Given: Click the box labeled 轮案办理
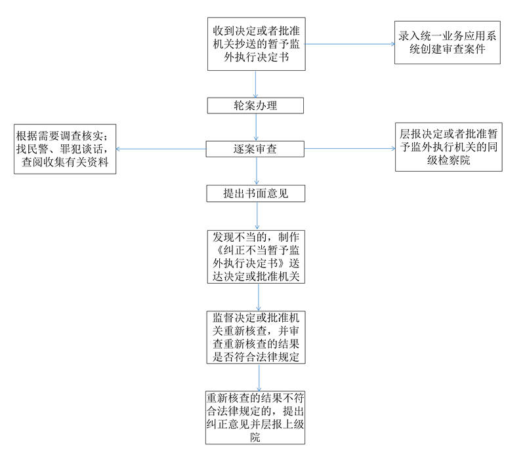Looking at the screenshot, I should [x=255, y=106].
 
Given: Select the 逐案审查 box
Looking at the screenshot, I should [x=255, y=149].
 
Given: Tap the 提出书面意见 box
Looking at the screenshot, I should [x=255, y=193].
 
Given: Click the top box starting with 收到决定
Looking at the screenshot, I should [x=255, y=44].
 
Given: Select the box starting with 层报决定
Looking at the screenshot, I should [x=448, y=147].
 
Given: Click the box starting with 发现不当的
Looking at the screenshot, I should [x=255, y=256].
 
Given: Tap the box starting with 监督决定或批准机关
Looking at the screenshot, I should [x=255, y=337].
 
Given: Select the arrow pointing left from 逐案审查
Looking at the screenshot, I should [x=161, y=149].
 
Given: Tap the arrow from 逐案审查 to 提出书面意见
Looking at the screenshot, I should [x=256, y=171].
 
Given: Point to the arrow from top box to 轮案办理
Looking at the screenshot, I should [x=256, y=84].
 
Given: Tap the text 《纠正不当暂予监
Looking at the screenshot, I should [x=255, y=250].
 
